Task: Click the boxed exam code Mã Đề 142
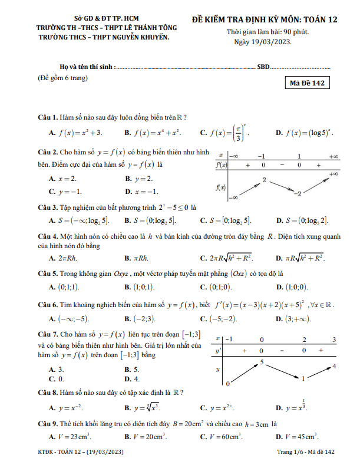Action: pos(307,84)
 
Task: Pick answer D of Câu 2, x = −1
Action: pos(142,192)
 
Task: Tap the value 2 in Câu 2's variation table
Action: pos(265,179)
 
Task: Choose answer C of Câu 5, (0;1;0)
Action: pos(216,287)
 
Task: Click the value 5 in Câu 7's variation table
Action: pos(261,361)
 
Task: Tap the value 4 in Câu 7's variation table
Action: pos(334,367)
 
